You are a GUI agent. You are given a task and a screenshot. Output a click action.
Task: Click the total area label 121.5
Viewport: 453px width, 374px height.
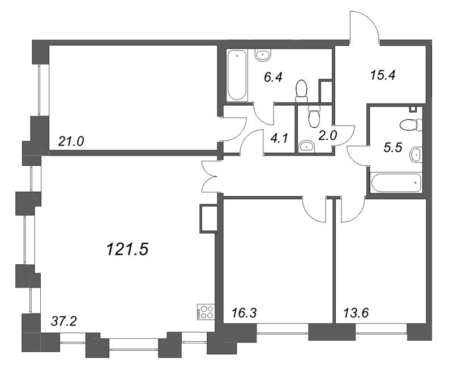pyautogui.click(x=127, y=248)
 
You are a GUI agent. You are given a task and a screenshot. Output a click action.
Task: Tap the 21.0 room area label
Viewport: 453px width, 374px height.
pyautogui.click(x=71, y=141)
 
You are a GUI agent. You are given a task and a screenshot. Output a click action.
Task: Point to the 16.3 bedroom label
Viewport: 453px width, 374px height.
pyautogui.click(x=244, y=312)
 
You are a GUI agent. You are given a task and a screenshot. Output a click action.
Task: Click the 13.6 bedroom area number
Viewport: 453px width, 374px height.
pyautogui.click(x=356, y=312)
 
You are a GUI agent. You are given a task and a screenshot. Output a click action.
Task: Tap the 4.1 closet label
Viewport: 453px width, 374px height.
pyautogui.click(x=279, y=136)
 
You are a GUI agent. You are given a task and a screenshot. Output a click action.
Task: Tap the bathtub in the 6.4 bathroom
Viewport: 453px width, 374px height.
pyautogui.click(x=237, y=76)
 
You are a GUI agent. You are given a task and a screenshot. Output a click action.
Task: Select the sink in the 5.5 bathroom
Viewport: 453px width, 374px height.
pyautogui.click(x=416, y=153)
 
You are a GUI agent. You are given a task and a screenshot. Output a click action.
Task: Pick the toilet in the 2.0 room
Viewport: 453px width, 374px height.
pyautogui.click(x=313, y=117)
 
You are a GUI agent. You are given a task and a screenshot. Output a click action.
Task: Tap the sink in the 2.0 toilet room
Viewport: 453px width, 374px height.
pyautogui.click(x=307, y=147)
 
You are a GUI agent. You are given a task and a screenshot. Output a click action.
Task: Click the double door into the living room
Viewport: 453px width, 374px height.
pyautogui.click(x=210, y=175)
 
